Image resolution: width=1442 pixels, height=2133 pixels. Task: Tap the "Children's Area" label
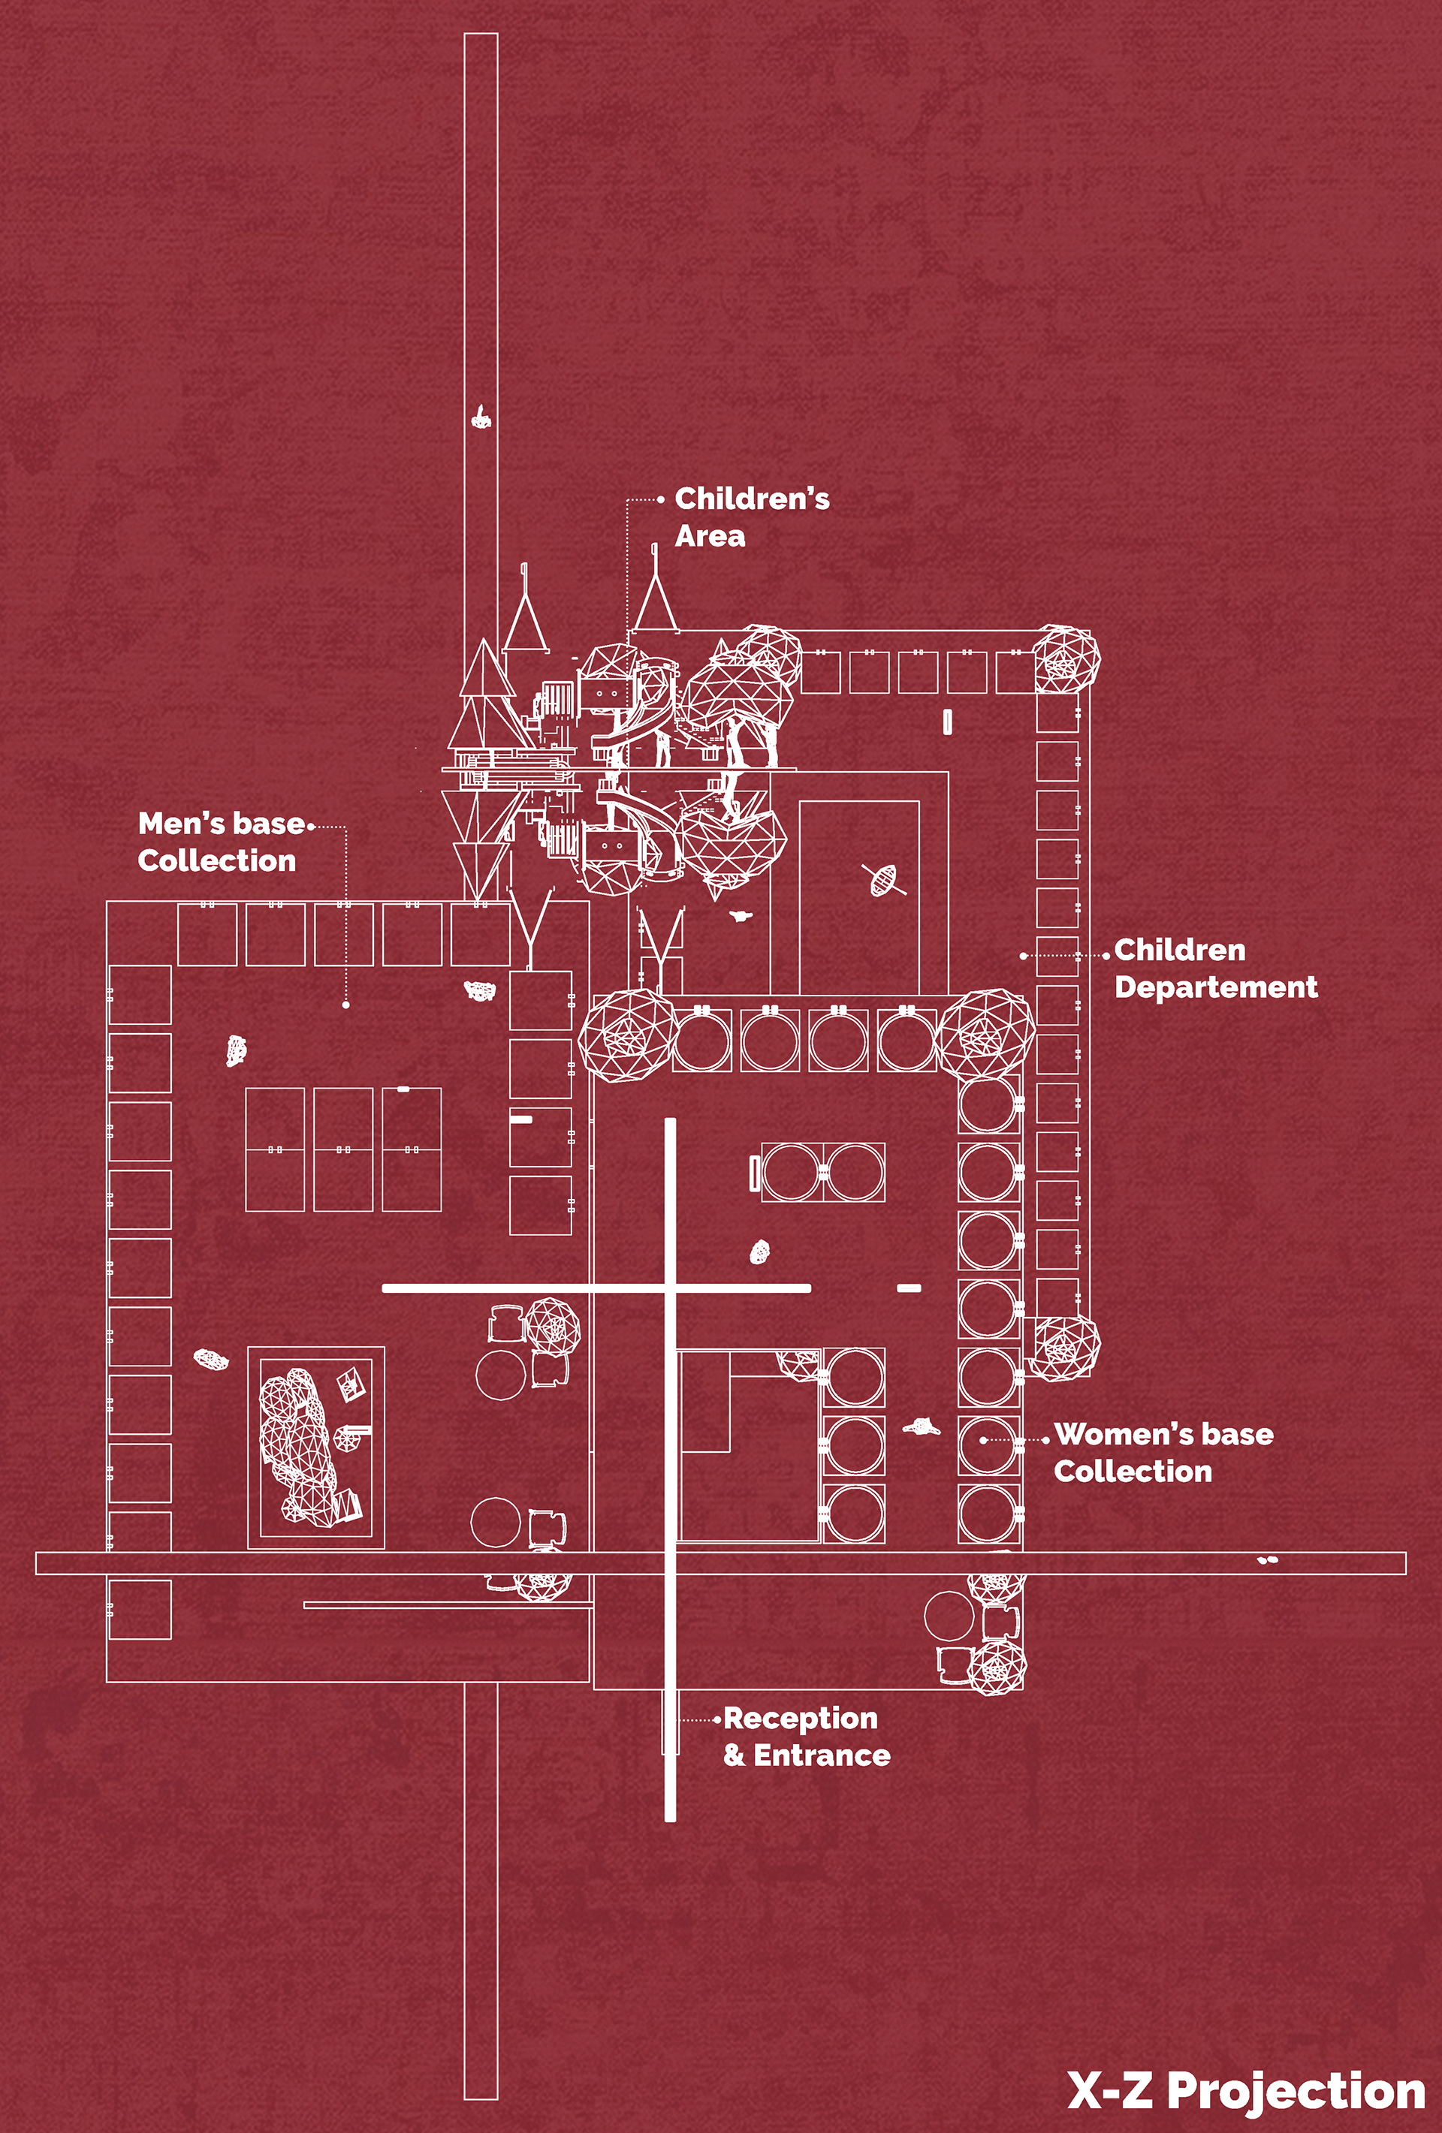[x=751, y=517]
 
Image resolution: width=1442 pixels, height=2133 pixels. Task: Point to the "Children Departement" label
[x=1214, y=969]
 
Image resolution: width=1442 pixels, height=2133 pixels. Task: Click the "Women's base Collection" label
[x=1163, y=1452]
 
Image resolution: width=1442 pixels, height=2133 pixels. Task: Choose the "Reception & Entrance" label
[x=806, y=1736]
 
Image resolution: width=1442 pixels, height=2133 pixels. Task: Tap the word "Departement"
[x=1215, y=987]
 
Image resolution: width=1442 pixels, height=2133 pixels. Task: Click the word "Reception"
[x=801, y=1717]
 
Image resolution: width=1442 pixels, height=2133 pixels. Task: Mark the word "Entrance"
[x=822, y=1755]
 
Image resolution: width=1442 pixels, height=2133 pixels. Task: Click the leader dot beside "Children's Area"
[x=661, y=500]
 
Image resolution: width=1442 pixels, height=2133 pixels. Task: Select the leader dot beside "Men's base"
[x=312, y=826]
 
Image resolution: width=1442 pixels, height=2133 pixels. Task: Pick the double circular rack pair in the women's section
[x=822, y=1172]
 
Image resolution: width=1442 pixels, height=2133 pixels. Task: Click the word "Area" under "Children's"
[x=710, y=536]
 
